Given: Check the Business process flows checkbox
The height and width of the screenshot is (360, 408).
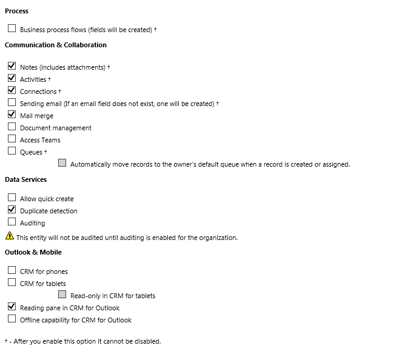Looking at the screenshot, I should (x=12, y=28).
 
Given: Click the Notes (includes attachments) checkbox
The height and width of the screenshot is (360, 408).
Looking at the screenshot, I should (x=12, y=66).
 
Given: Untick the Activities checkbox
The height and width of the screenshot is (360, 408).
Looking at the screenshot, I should (x=12, y=78).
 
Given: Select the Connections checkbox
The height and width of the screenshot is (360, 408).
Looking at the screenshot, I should (x=12, y=90).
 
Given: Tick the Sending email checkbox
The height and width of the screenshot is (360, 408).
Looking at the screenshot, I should (x=12, y=102).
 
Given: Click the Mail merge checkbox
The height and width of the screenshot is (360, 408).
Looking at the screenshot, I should (x=12, y=115).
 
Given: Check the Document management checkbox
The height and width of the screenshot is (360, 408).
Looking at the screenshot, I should (x=12, y=127).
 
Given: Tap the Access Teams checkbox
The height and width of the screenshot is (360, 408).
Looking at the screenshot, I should (x=12, y=139).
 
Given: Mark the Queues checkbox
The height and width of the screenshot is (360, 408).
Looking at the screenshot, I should (x=12, y=151).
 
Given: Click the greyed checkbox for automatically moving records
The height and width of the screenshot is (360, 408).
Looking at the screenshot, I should (x=62, y=163).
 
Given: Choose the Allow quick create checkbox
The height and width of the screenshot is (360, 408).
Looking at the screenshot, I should (x=12, y=198).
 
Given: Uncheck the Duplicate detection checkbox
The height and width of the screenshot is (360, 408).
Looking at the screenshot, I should (x=12, y=210).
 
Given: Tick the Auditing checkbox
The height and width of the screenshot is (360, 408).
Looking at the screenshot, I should (x=12, y=222).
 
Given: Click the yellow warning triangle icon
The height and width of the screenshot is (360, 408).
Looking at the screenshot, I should (x=9, y=236).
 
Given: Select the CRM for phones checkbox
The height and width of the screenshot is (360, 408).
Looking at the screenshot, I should (x=12, y=270).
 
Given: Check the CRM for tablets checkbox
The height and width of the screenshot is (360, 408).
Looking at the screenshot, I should (x=12, y=282).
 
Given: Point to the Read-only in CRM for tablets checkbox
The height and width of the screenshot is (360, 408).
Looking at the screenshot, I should (x=62, y=295).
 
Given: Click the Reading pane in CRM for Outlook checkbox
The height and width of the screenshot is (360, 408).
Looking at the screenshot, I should (x=12, y=307).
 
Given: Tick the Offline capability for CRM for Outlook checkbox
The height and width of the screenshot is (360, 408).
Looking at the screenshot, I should (x=12, y=319).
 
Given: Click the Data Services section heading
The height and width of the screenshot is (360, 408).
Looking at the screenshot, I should (x=25, y=179).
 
